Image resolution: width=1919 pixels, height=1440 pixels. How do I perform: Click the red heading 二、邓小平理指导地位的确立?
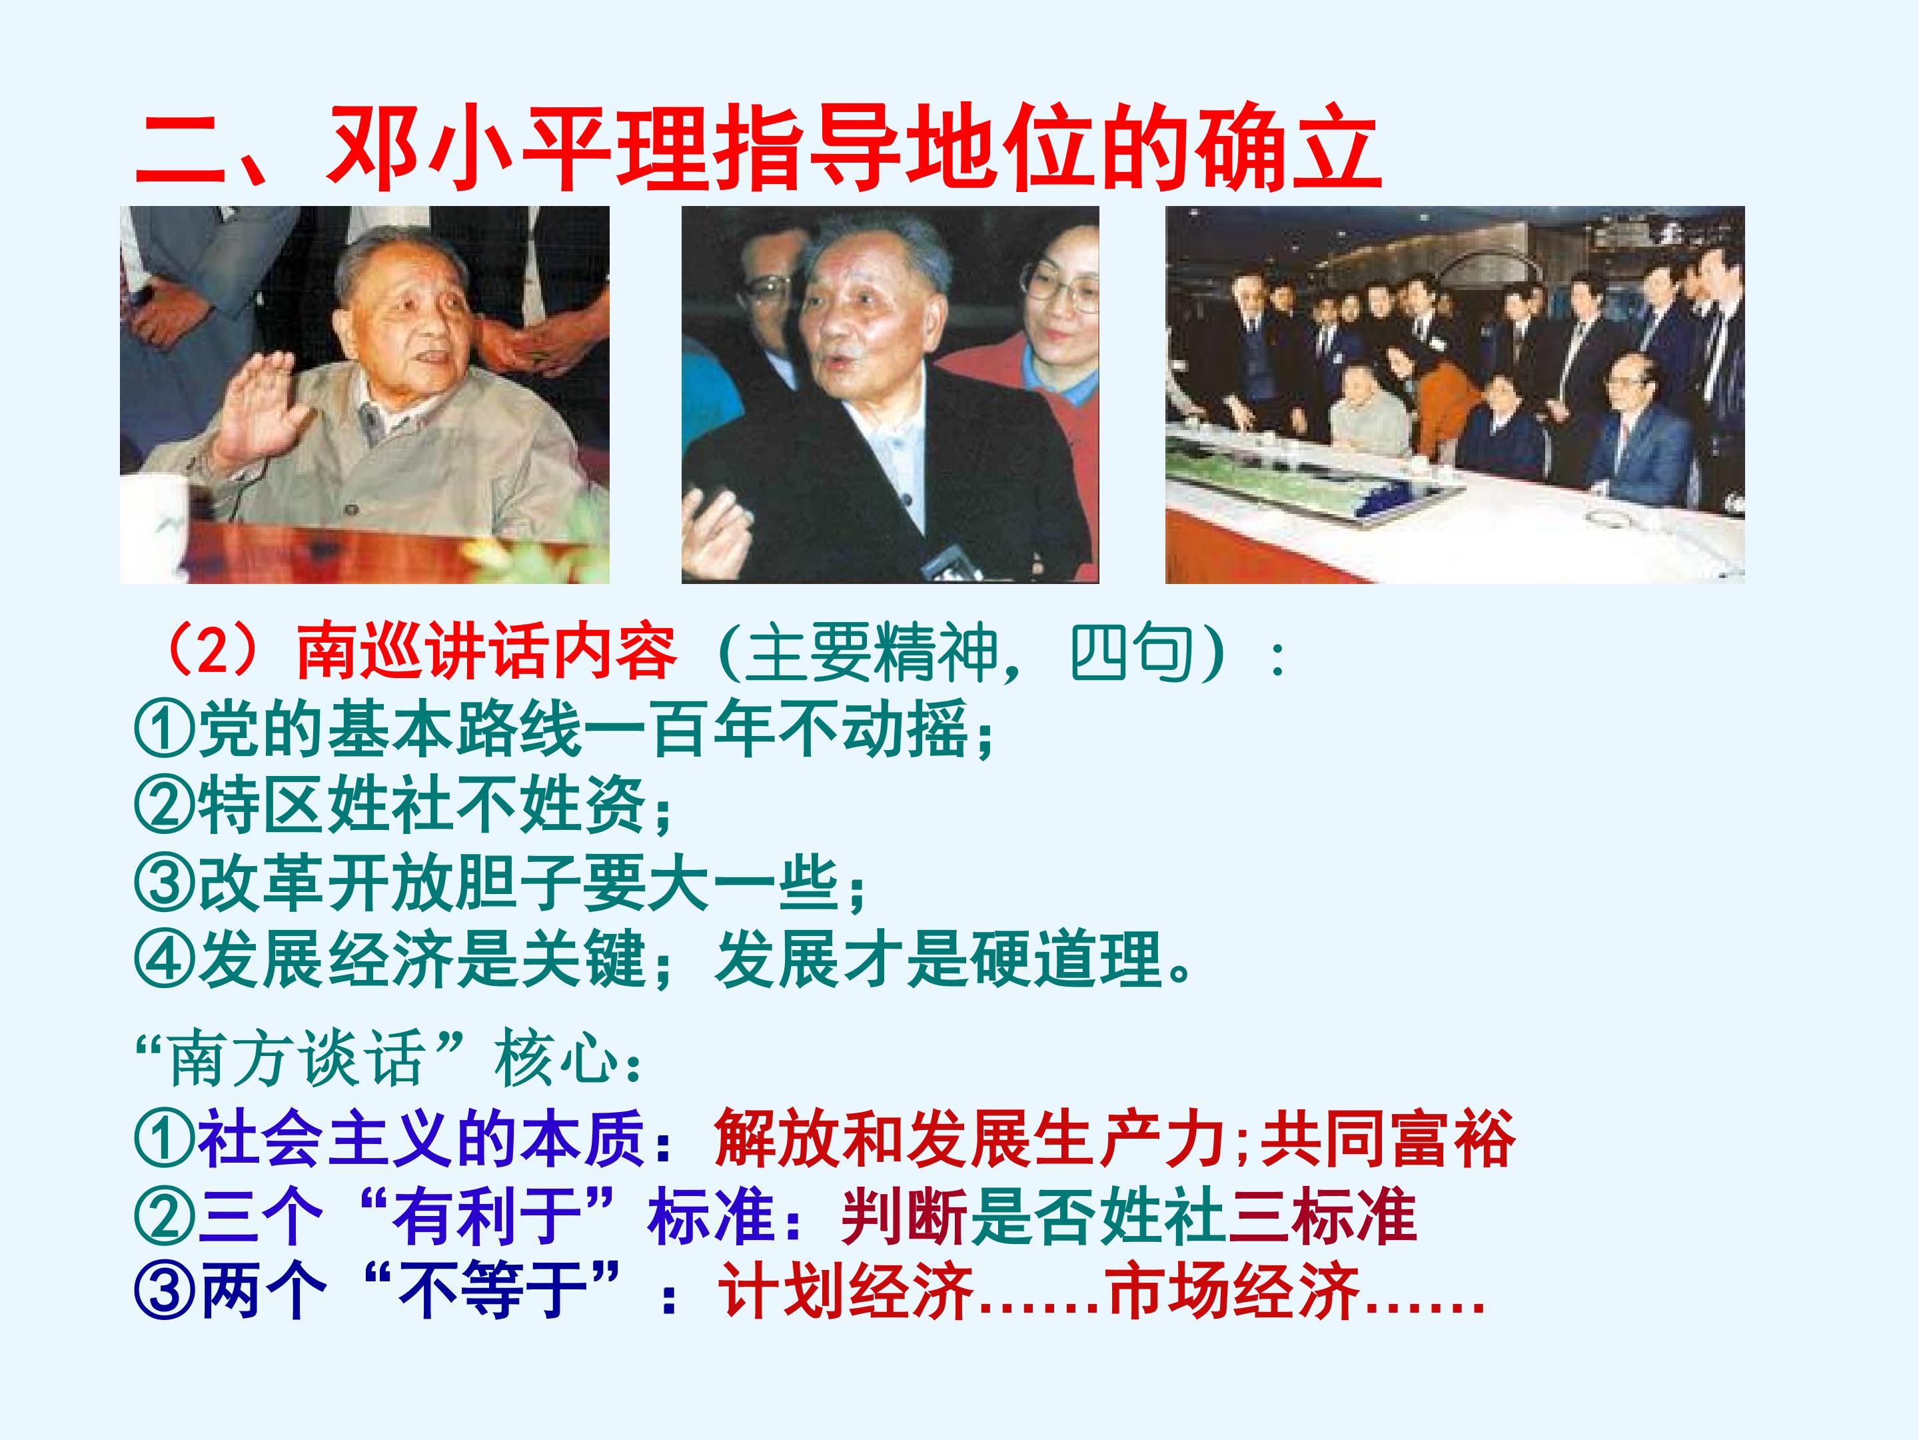(756, 149)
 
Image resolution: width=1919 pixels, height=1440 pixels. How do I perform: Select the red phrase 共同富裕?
(1387, 1139)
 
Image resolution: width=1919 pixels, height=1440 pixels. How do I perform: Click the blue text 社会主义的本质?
(420, 1139)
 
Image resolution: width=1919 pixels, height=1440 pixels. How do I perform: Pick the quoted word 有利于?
(486, 1216)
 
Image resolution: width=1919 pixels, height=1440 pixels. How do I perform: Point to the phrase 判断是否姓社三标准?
(1128, 1216)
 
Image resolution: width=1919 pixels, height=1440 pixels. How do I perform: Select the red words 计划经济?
(846, 1291)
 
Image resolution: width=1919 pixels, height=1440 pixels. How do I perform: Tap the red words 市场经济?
(1233, 1291)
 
